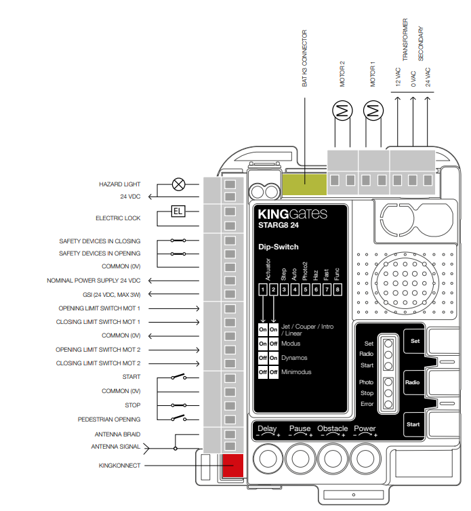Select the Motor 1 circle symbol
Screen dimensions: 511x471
click(373, 110)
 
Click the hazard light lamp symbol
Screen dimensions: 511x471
click(179, 184)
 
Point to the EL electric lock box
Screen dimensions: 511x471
click(178, 211)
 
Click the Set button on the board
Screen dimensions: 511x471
click(414, 341)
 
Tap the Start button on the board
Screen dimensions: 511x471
click(414, 425)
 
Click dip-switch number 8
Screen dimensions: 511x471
click(337, 290)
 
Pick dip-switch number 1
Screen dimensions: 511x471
click(262, 290)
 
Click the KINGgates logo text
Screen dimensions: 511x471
click(292, 214)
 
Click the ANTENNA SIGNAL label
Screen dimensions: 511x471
click(115, 447)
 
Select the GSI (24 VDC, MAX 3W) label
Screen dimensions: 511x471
click(103, 294)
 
